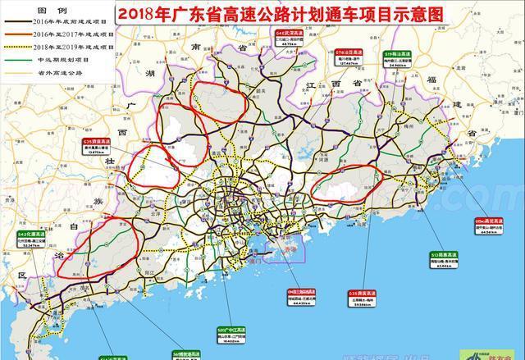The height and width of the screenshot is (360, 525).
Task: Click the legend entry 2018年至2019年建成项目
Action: tap(62, 48)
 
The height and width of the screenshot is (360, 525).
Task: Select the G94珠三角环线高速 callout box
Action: tap(304, 295)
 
